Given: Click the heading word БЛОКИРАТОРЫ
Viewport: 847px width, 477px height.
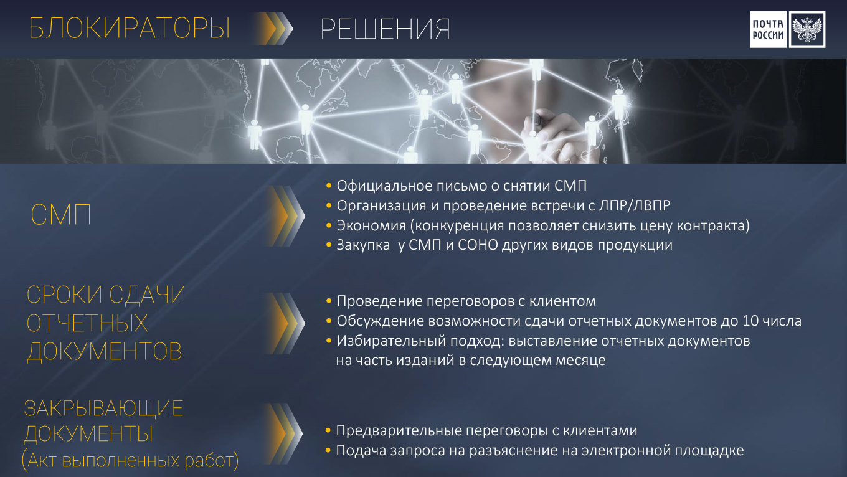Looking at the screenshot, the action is pos(130,28).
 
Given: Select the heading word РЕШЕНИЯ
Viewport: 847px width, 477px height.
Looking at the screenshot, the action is pos(386,29).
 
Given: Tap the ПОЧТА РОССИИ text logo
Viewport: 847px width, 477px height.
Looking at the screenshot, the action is pos(768,29).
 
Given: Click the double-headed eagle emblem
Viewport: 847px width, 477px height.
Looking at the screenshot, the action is pos(807,29).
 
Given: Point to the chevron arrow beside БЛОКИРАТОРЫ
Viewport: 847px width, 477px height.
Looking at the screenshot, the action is pos(273,29).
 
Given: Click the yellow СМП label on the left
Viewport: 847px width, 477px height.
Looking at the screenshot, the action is pos(61,215).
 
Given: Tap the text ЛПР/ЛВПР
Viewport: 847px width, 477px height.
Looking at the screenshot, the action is pos(635,206).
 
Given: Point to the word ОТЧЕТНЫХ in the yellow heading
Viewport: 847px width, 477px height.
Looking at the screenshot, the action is pos(87,323).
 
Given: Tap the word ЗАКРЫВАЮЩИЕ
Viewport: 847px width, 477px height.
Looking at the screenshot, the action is pos(103,409).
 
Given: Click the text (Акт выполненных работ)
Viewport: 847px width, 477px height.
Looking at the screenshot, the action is pos(130,460).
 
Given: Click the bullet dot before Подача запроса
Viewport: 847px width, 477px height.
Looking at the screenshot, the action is pos(328,450).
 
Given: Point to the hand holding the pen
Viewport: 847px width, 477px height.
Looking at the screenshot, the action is pos(556,136).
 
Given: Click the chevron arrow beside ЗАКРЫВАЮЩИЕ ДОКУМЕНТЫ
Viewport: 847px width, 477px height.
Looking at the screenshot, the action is pos(283,433).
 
